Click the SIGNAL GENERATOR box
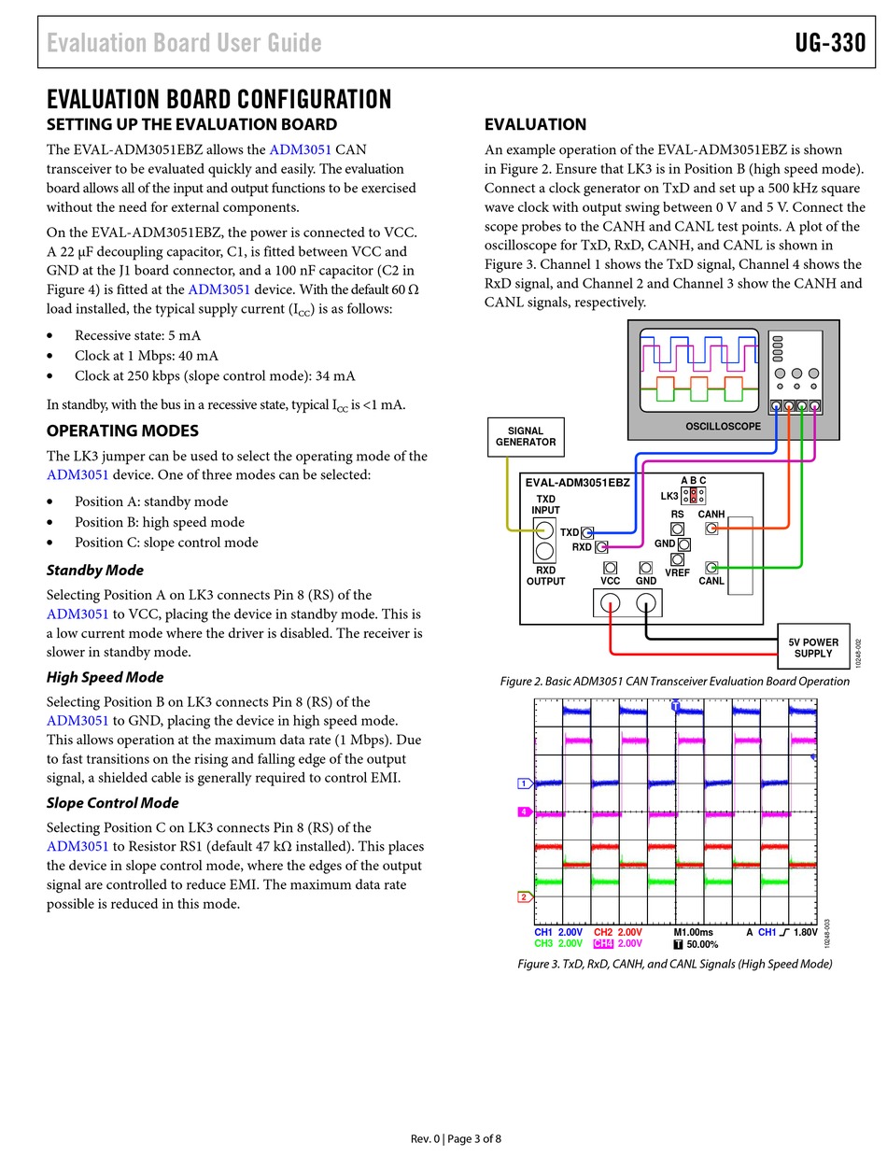(526, 436)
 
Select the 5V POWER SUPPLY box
(812, 647)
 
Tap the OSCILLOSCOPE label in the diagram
(723, 427)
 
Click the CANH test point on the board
(711, 529)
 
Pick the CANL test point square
(711, 568)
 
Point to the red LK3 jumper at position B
(694, 495)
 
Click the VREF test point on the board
(678, 559)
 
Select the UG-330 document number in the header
(830, 43)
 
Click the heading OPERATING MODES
(122, 430)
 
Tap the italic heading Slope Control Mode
(112, 803)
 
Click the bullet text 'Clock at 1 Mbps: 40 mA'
(147, 356)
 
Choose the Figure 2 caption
(674, 682)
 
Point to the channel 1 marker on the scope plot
(525, 783)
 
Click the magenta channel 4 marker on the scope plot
(525, 812)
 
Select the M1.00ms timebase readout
(693, 932)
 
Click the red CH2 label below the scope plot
(603, 932)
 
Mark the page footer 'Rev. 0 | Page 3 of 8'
(456, 1138)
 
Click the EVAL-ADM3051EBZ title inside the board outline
(577, 483)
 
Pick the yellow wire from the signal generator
(509, 504)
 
